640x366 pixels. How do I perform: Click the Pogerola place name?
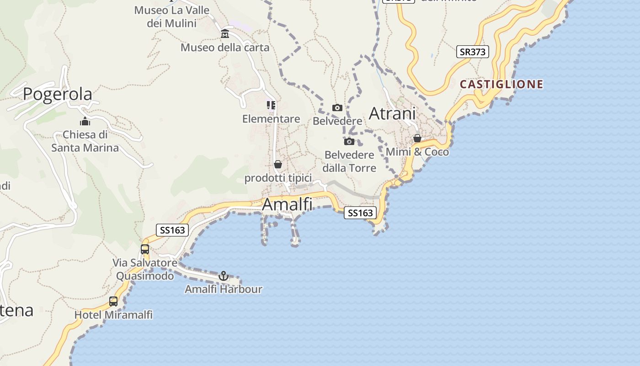point(57,94)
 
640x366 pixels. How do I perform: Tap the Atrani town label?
point(392,113)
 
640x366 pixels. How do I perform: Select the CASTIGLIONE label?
point(501,84)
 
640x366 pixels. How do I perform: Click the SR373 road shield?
point(472,52)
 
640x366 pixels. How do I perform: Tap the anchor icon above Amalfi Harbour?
point(224,276)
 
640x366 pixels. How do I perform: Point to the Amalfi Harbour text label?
point(224,289)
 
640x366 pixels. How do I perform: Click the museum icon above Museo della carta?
point(225,34)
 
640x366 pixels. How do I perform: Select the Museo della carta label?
point(225,48)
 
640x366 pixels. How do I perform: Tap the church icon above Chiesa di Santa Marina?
point(85,121)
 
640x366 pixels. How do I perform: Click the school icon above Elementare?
point(271,106)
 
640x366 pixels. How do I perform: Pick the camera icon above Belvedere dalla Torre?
point(349,141)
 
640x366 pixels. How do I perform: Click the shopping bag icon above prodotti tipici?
point(278,164)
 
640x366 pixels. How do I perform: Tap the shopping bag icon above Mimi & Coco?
point(417,138)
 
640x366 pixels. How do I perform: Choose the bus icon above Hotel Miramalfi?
point(113,301)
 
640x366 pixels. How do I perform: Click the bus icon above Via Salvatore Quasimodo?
point(145,249)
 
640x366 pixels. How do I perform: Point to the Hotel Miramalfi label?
point(113,315)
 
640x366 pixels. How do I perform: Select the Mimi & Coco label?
point(417,152)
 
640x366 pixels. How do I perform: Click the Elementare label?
point(271,119)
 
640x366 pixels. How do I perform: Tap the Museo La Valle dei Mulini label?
point(171,16)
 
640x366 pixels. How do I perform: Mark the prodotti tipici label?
point(278,178)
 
